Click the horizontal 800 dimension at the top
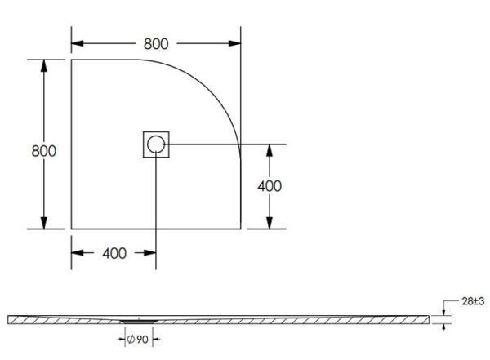[155, 43]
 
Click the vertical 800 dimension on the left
[43, 151]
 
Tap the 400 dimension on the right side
[269, 186]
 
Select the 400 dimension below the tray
[114, 253]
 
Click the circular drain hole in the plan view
[156, 145]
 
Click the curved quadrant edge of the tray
[214, 87]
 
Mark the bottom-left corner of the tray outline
[71, 229]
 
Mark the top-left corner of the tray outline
[71, 60]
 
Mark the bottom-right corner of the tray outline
[240, 229]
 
